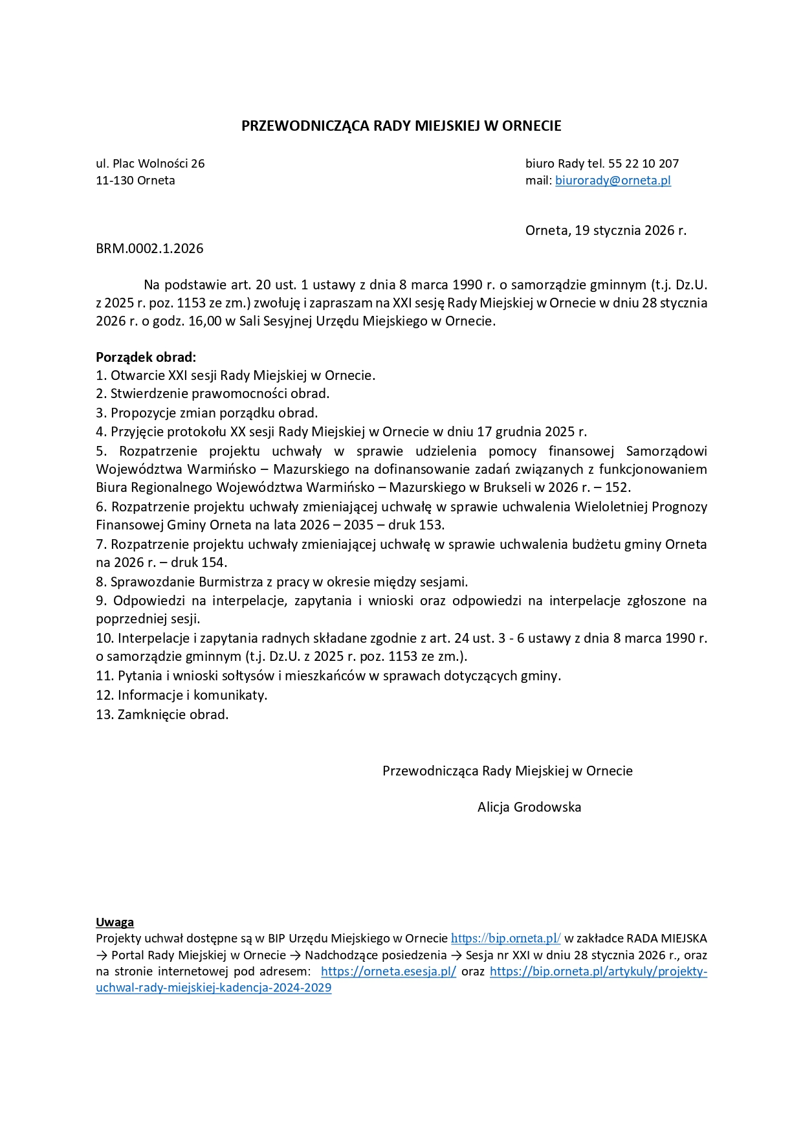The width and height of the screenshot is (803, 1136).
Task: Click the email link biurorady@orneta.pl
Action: tap(613, 181)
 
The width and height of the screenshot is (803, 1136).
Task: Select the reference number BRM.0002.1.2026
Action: tap(149, 249)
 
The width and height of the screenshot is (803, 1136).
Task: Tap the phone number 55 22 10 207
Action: tap(643, 164)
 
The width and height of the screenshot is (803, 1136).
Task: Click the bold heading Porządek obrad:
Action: tap(146, 357)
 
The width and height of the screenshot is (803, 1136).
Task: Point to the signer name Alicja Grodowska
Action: tap(529, 807)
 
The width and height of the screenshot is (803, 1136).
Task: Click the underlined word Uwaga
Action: tap(115, 922)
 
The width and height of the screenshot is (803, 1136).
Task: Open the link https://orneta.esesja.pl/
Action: tap(388, 972)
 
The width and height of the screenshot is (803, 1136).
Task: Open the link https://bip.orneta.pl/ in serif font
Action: tap(505, 939)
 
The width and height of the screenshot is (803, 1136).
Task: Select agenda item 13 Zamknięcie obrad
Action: tap(162, 715)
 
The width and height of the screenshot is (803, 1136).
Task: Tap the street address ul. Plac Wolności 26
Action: tap(150, 164)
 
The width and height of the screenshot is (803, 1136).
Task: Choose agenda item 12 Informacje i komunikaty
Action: tap(182, 696)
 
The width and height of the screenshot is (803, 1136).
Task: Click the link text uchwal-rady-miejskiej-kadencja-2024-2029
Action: tap(214, 988)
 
